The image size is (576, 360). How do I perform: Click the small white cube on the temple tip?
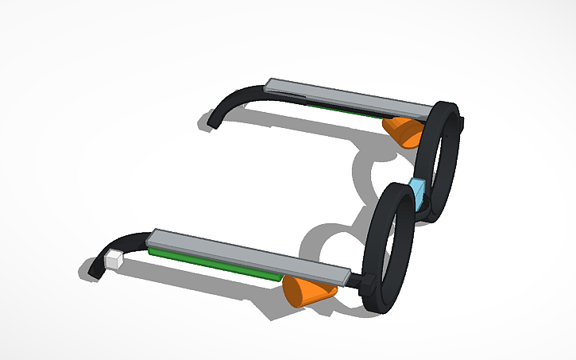(114, 258)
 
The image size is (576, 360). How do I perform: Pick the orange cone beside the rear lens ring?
(404, 130)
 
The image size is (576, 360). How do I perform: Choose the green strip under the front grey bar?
(215, 262)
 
